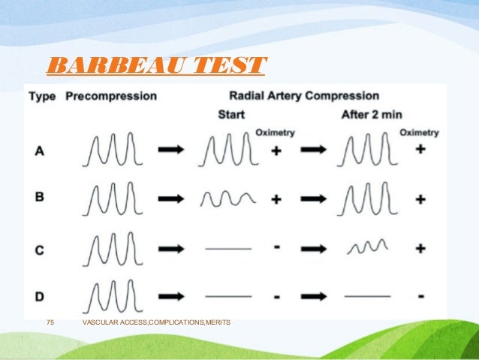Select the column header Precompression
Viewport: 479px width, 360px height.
tap(111, 96)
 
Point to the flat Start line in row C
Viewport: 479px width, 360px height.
tap(228, 247)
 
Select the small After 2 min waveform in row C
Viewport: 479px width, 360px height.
tap(366, 246)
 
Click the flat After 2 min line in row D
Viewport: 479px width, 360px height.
tap(367, 295)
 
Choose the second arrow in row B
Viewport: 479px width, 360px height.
tap(313, 199)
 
